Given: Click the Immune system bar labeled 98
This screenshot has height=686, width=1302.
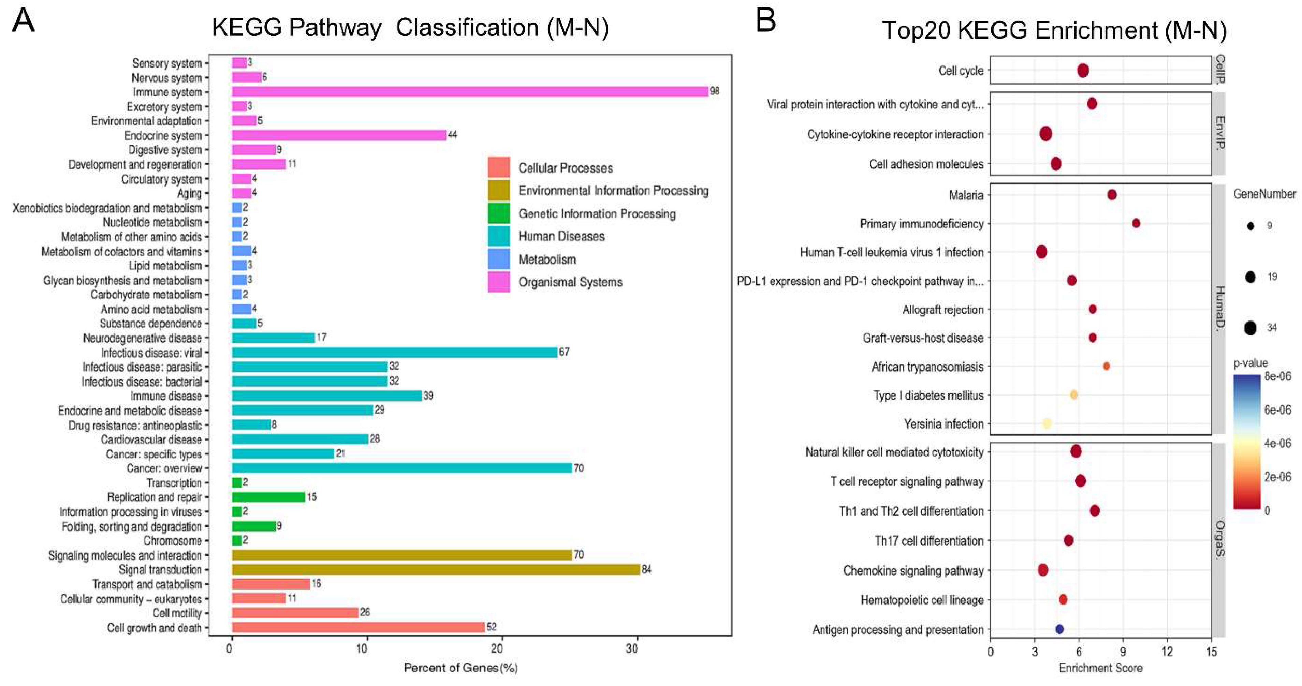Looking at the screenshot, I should (470, 91).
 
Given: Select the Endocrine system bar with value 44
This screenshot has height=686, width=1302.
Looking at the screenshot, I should (339, 135).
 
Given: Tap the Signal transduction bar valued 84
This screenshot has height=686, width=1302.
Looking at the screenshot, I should (436, 569).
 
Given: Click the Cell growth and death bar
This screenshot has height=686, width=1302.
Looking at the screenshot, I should (358, 627).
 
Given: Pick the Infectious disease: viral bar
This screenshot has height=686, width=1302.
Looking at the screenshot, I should (394, 352).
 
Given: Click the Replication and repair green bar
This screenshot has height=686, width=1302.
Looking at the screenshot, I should (268, 497).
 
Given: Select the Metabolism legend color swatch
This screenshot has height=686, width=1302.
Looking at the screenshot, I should (498, 259).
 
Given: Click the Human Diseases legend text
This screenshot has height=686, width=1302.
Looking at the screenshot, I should (561, 236).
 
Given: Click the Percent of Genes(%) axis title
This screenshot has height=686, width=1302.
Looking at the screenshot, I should (460, 668).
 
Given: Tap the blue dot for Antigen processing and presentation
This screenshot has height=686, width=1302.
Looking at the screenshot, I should (1059, 629).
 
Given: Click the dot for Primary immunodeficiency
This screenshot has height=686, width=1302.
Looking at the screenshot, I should (1136, 223).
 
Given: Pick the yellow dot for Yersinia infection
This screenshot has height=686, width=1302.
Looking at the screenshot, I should (1047, 423).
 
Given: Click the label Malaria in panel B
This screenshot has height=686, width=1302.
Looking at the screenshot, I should (966, 195).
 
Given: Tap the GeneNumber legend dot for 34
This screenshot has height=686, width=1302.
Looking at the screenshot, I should (1250, 328).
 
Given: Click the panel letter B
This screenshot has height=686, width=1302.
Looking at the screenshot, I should (766, 21).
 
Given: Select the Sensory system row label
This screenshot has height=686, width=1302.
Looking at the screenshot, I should (167, 63).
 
